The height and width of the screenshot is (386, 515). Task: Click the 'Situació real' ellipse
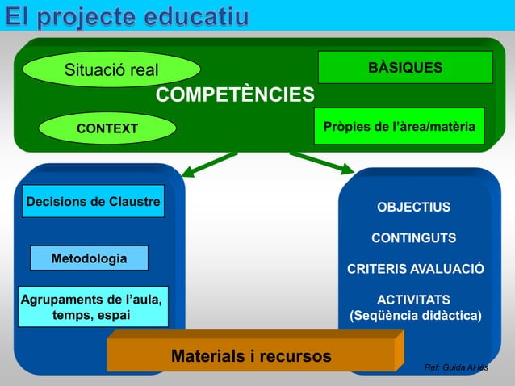[x=111, y=70]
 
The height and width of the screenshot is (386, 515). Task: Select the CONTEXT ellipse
[x=107, y=128]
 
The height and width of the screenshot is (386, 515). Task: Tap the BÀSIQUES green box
[x=404, y=68]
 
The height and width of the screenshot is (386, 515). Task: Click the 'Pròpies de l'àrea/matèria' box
[x=399, y=127]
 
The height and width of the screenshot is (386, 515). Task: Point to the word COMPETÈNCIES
[x=235, y=97]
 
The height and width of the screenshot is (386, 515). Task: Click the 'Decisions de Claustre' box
[x=93, y=201]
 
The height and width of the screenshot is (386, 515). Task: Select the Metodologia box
[x=89, y=258]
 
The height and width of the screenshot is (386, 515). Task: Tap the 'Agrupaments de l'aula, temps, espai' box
[x=93, y=307]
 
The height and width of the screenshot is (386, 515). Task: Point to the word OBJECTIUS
[x=413, y=208]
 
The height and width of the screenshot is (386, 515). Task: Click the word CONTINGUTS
[x=413, y=238]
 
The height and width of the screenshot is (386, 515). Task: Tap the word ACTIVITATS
[x=414, y=299]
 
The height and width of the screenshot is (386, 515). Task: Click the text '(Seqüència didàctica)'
[x=415, y=315]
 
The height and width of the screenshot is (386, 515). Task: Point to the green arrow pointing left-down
[x=208, y=164]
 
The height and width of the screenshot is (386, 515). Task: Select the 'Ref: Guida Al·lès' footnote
[x=456, y=368]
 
